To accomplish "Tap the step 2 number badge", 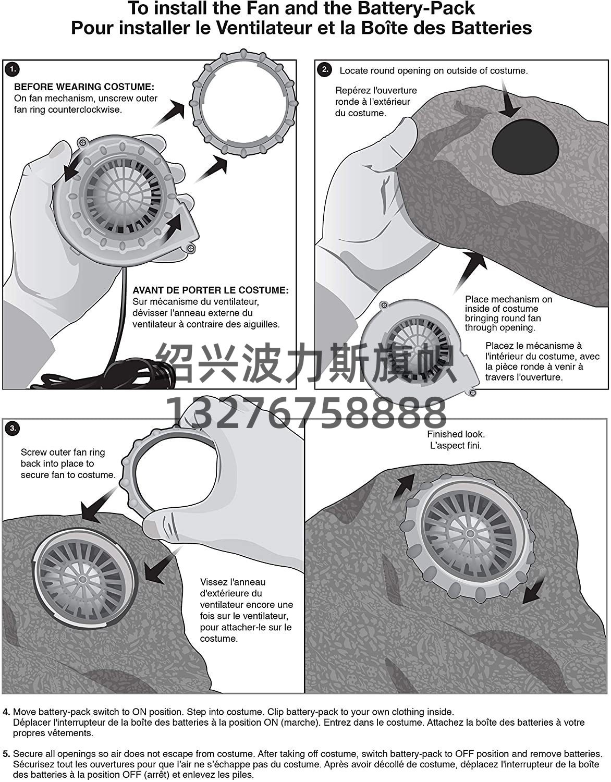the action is (x=325, y=69).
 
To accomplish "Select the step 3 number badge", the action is (x=13, y=428).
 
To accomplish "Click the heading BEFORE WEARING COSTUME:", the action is (x=84, y=87).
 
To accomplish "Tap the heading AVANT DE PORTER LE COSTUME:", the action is (x=211, y=290).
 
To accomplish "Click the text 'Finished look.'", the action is (x=456, y=434).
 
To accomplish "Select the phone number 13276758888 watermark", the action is (x=306, y=412).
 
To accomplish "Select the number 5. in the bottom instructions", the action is (x=6, y=754).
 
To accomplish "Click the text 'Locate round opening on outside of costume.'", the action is (x=434, y=70).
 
